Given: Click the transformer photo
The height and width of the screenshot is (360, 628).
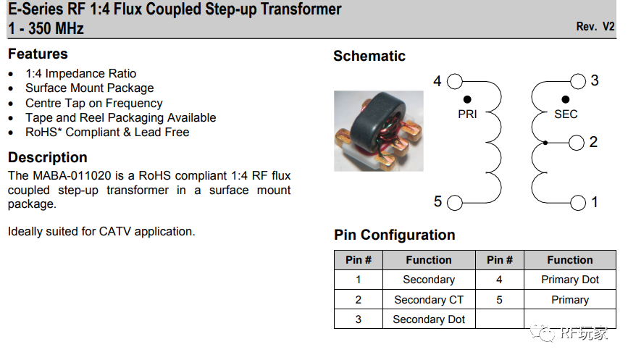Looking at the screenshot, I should [378, 130].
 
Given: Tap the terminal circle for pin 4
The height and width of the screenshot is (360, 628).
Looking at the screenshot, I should [454, 81].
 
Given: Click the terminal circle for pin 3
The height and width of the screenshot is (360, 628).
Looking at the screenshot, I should [578, 81].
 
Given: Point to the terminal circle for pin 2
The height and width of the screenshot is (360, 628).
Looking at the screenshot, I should [577, 143].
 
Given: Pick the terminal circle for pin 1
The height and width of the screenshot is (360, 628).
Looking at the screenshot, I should [578, 203].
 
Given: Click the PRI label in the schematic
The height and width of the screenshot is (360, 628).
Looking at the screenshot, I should [467, 114].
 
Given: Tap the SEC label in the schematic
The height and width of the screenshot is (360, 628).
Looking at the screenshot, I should [566, 114].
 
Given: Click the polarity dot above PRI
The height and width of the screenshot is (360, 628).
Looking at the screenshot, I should [467, 99].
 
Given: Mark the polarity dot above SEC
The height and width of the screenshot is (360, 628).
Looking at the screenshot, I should [566, 99].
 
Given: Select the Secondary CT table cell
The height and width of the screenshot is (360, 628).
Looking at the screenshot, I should [429, 300].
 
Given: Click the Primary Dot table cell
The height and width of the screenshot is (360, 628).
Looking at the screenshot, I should [570, 280].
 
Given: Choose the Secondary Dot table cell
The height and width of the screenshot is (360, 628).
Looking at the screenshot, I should [429, 319].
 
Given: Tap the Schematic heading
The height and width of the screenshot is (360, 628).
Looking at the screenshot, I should [369, 56].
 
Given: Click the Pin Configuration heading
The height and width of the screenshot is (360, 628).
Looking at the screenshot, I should [395, 235].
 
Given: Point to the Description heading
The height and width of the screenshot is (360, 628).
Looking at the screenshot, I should [48, 158].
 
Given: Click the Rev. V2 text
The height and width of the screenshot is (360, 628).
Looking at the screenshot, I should [595, 27].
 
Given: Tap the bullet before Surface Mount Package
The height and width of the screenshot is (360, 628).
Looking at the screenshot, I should [11, 88].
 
